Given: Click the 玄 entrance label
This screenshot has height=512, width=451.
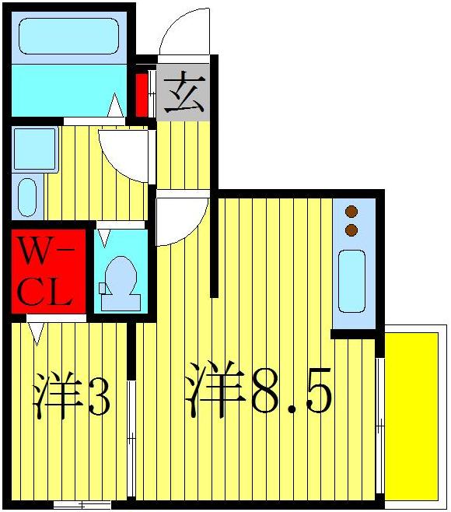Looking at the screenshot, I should coord(184,93).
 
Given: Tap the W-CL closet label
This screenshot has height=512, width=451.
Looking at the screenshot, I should coord(47,272).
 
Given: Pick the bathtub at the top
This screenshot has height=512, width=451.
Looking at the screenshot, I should coord(68,37).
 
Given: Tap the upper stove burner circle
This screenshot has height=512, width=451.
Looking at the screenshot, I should coord(351,211).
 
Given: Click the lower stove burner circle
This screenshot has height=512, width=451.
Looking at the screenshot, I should coord(351,229).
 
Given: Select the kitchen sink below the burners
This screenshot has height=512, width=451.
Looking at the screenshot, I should coord(351,280).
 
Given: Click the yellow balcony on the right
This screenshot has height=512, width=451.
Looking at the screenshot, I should coord(413,416).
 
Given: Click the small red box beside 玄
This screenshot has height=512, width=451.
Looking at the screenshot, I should coord(142,93).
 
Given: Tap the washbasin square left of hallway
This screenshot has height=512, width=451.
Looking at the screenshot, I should coord(35,149).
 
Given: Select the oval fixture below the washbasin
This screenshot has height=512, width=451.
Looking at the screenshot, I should coord(27,196).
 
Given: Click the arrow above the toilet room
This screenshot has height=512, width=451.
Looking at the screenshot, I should coord(103,237).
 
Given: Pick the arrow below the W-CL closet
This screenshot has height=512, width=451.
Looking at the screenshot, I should coord(36,334).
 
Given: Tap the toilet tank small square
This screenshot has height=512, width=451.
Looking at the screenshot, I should coord(102,288).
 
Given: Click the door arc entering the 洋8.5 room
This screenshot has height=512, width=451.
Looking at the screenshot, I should coord(180,220).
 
